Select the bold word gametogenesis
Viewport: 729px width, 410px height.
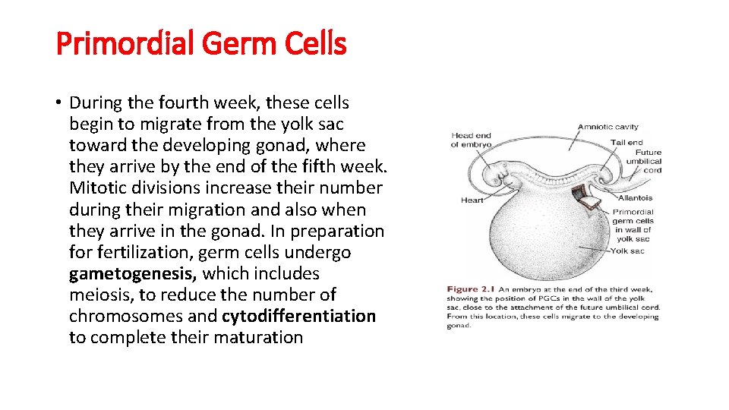133,273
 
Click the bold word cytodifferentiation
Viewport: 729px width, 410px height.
298,316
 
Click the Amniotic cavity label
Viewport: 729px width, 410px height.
607,127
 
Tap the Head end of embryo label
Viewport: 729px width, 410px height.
471,140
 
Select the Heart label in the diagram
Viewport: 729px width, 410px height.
472,200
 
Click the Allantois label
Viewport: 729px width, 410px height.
635,198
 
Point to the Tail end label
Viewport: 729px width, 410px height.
626,142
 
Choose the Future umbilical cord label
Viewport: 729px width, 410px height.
643,161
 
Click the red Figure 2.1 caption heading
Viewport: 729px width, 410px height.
472,289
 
